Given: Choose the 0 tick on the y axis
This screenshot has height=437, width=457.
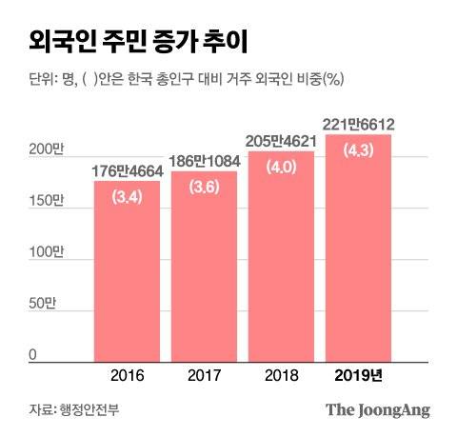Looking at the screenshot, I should (32, 355).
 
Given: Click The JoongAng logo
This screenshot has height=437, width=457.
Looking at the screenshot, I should (379, 410).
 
